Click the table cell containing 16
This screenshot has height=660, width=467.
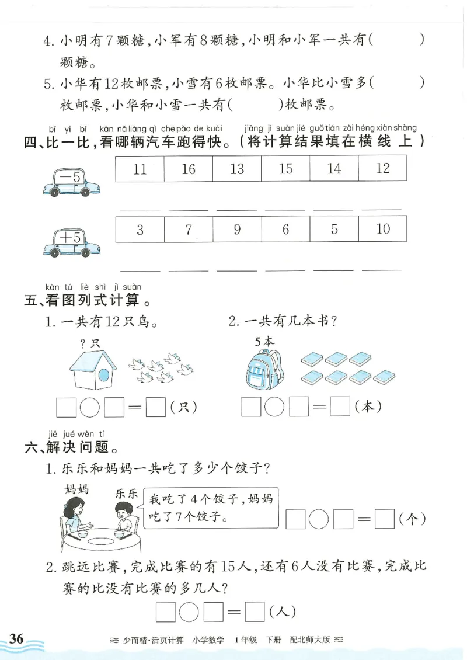(188, 169)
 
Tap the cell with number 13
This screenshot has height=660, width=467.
(236, 169)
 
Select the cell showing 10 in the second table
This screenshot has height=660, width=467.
(382, 229)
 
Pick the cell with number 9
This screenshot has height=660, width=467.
(236, 229)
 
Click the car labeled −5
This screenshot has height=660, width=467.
(66, 180)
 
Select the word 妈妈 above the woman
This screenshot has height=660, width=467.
(76, 489)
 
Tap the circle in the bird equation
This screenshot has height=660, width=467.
(90, 407)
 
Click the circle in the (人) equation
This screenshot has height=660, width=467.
(189, 612)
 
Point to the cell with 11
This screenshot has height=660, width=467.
(140, 169)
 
